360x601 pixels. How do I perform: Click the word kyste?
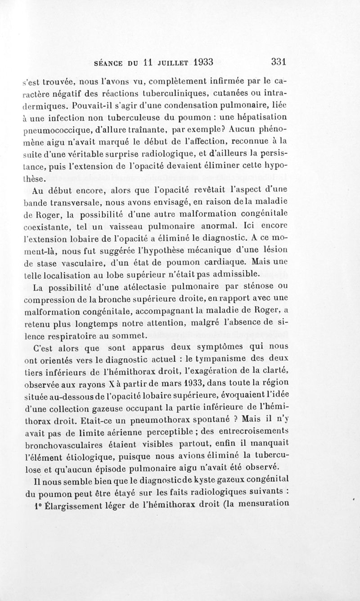[225, 480]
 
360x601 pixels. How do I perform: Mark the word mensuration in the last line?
[261, 504]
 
